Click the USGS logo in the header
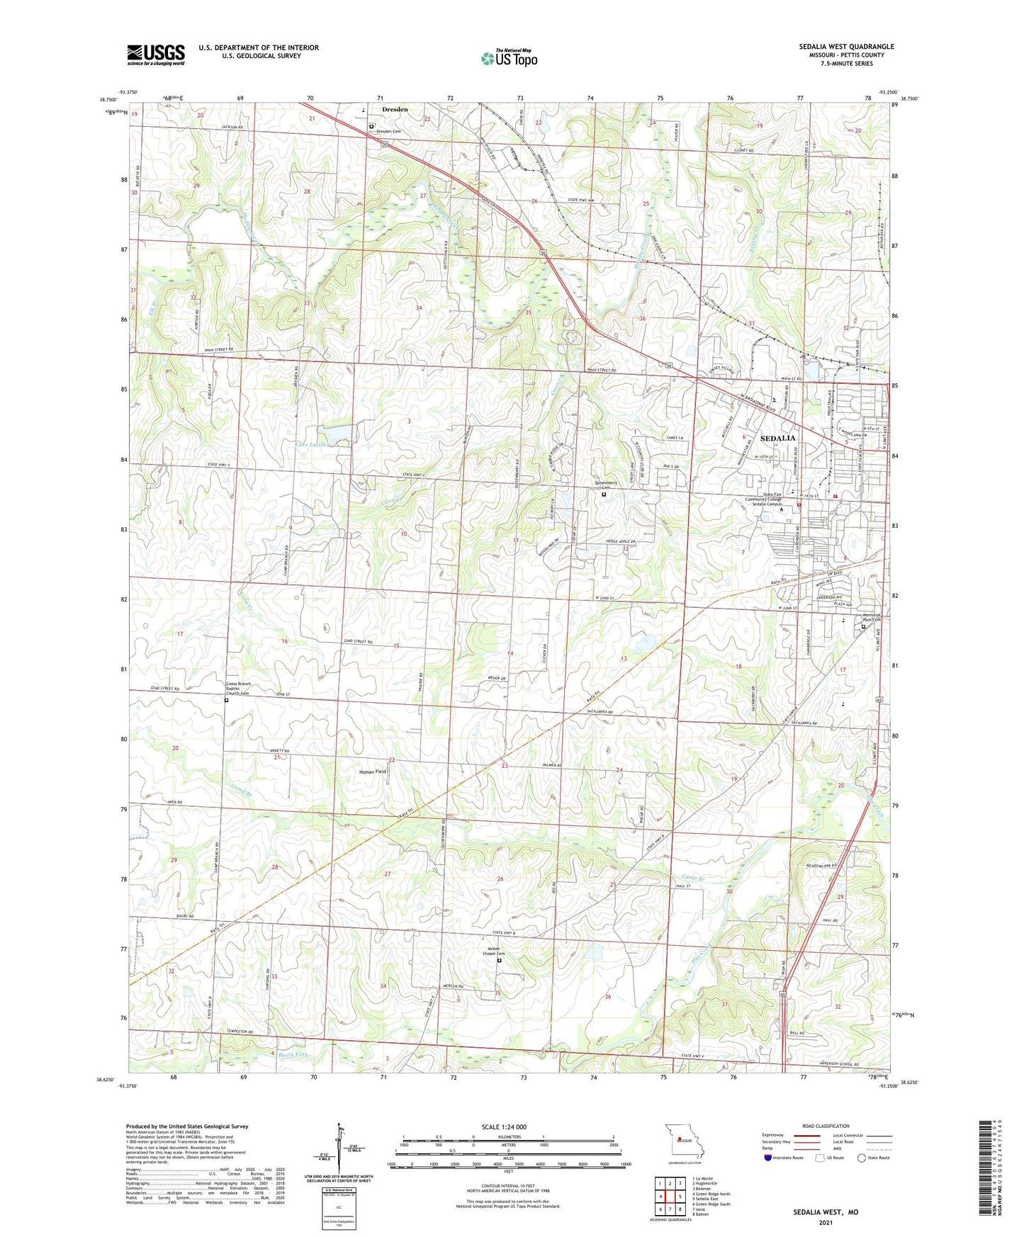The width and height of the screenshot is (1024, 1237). click(x=155, y=55)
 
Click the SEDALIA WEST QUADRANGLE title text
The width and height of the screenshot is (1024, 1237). click(x=846, y=47)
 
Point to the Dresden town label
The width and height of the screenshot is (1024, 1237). click(x=395, y=110)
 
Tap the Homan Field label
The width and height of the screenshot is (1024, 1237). click(x=373, y=772)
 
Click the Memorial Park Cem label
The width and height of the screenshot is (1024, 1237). click(x=872, y=618)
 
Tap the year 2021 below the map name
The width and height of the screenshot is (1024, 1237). click(x=826, y=1222)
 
